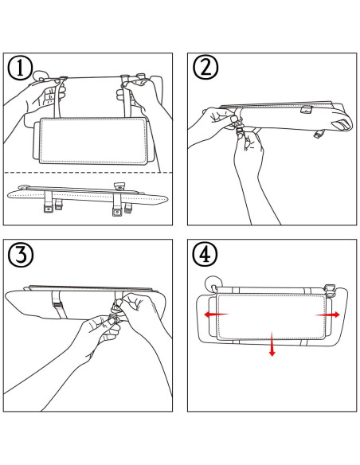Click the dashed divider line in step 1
click(x=88, y=172)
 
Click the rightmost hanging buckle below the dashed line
click(x=127, y=212)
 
